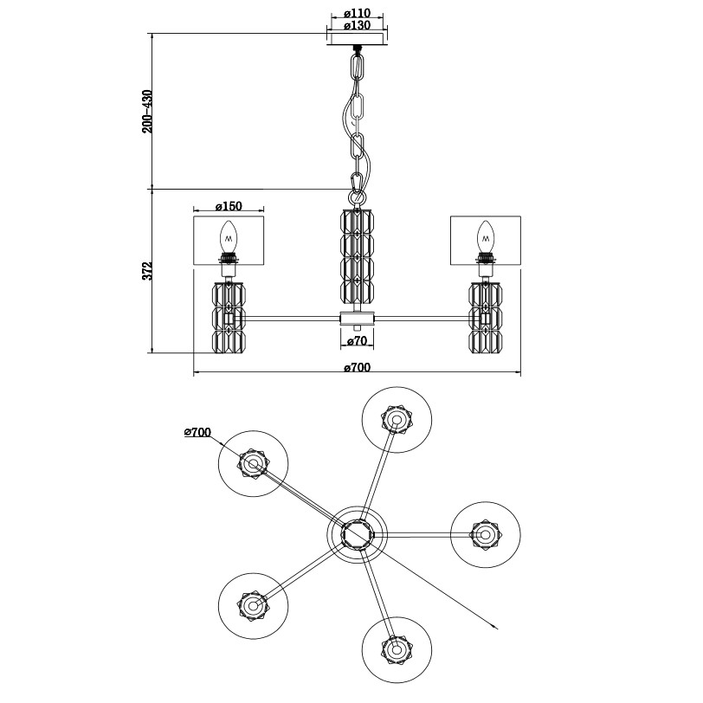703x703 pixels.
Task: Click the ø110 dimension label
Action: [357, 14]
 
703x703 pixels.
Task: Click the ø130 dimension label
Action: [357, 26]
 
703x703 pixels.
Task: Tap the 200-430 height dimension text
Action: [147, 111]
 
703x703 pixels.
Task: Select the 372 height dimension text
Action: [147, 271]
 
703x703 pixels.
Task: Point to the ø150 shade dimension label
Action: [227, 206]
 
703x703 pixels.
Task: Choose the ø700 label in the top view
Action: [198, 431]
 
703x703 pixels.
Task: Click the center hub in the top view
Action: [356, 535]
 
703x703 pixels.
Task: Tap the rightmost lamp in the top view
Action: [484, 535]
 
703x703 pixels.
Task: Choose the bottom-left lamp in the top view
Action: [252, 605]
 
